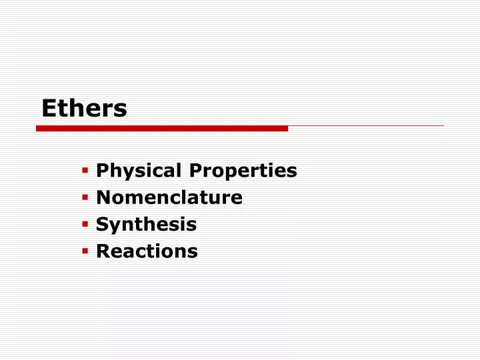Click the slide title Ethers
(x=84, y=108)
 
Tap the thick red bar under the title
(x=162, y=128)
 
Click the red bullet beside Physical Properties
(x=85, y=171)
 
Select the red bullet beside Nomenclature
(x=85, y=197)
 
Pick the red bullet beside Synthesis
(x=85, y=224)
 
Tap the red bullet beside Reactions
(x=85, y=251)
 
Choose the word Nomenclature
(x=169, y=198)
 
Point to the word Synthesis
(x=146, y=225)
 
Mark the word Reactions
(x=147, y=251)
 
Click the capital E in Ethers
(x=47, y=108)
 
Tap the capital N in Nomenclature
(x=102, y=198)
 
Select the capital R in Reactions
(x=102, y=251)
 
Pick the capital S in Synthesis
(x=101, y=225)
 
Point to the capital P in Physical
(x=101, y=171)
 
